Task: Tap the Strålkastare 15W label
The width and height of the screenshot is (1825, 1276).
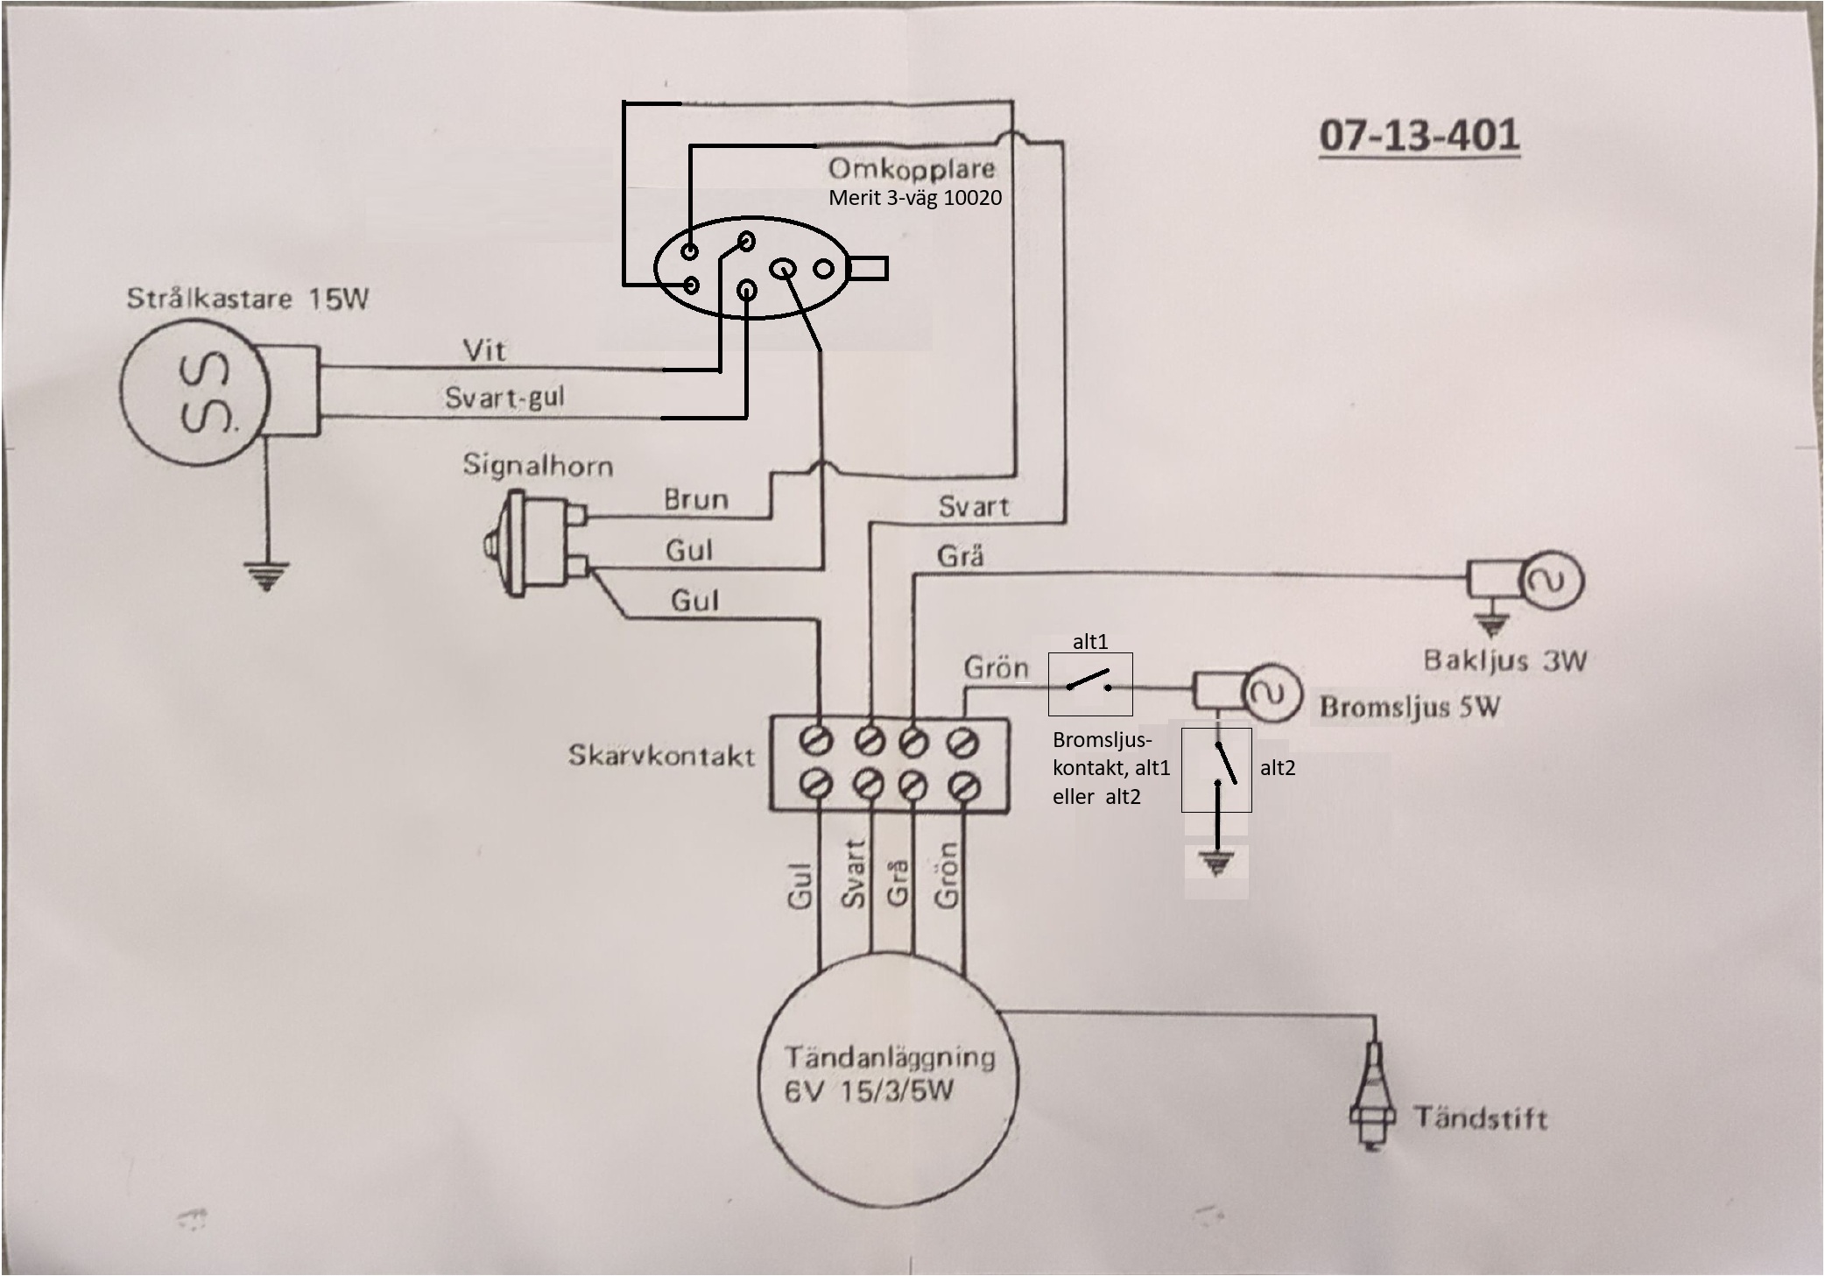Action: coord(248,299)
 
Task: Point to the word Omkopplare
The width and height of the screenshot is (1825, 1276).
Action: coord(912,169)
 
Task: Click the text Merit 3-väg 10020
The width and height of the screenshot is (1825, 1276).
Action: coord(915,198)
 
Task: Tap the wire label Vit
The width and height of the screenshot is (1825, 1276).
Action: coord(484,351)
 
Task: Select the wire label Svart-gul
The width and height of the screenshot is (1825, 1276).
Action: coord(504,398)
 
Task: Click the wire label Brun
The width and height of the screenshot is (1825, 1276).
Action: coord(696,500)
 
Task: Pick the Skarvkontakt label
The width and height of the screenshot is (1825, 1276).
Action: coord(661,755)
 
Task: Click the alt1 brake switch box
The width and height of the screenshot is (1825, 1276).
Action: coord(1090,684)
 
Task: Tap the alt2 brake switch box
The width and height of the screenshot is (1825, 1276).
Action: coord(1216,770)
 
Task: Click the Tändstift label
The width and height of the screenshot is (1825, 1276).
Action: coord(1480,1118)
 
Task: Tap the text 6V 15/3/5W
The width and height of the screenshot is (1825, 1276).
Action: coord(869,1092)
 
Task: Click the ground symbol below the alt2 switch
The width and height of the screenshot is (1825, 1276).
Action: coord(1216,864)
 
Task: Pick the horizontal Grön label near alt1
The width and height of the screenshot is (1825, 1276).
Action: coord(996,668)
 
